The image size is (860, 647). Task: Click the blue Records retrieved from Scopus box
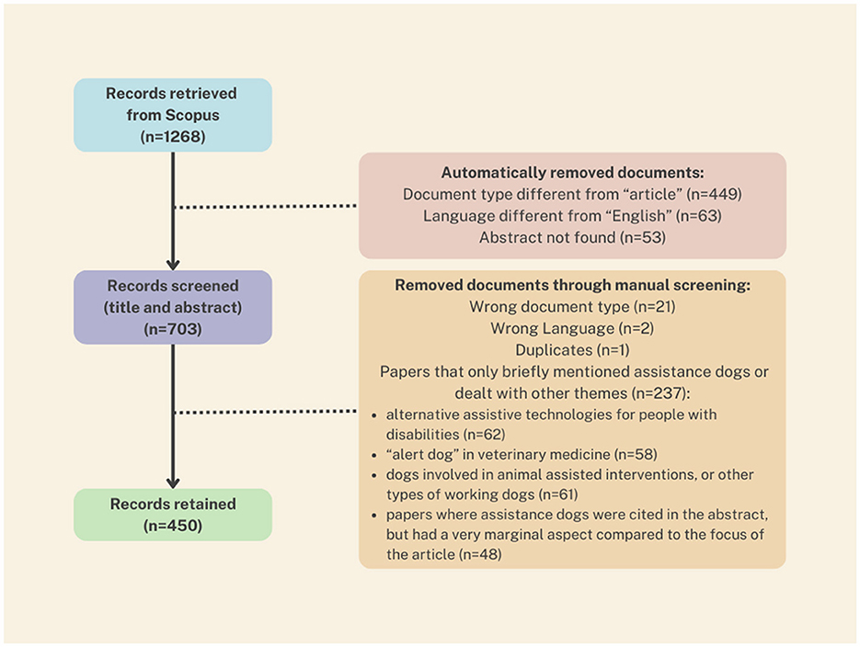[173, 115]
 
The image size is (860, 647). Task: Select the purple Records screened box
[173, 307]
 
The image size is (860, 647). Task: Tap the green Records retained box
[173, 515]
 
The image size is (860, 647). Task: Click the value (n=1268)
[173, 136]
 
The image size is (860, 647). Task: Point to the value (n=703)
[173, 329]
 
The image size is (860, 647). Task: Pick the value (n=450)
[173, 526]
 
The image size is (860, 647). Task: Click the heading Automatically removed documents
[573, 173]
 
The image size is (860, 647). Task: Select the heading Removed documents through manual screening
[573, 285]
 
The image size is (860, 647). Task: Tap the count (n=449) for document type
[714, 194]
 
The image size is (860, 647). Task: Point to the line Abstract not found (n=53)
[573, 237]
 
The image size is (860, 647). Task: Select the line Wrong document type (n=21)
[573, 306]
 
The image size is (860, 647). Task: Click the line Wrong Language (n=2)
[573, 328]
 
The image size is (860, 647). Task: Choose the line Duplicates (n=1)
[573, 349]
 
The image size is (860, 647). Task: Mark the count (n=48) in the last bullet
[480, 554]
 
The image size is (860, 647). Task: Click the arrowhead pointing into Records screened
[173, 264]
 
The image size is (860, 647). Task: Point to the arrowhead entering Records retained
[173, 482]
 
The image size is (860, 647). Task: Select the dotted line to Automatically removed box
[266, 207]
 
